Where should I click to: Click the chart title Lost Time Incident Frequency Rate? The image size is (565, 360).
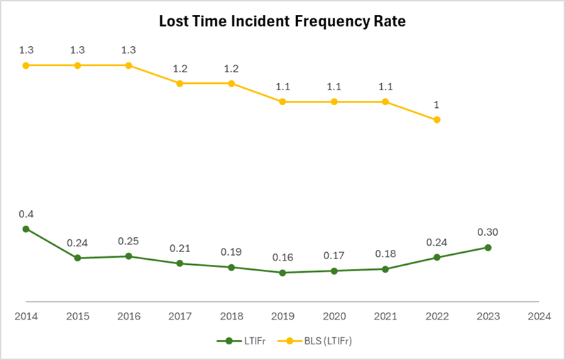point(282,22)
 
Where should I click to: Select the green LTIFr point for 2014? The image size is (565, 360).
point(26,229)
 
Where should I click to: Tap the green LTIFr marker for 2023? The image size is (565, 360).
point(488,247)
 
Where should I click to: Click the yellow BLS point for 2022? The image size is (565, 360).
point(437,120)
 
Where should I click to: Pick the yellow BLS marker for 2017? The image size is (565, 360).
point(180,83)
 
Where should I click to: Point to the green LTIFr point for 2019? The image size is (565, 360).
point(282,273)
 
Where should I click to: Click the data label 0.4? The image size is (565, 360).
point(26,214)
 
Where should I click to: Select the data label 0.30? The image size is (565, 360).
point(488,232)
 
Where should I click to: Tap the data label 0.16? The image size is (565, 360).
point(282,258)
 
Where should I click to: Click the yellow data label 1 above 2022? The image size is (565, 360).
point(437,105)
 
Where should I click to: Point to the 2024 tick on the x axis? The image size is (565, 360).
point(539,316)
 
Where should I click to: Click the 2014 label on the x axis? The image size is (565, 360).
point(26,316)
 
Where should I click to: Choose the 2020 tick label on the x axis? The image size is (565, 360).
point(334,316)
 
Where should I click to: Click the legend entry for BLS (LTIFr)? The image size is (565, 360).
point(322,341)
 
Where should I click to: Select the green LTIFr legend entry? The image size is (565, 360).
point(241,341)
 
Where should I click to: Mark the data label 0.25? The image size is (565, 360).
point(128,241)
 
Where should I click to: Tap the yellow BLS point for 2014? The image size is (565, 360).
point(26,65)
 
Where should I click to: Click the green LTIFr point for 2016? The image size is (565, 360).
point(128,256)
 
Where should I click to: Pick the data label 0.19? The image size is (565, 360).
point(231,252)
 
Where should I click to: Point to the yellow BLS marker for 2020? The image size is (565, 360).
point(334,102)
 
